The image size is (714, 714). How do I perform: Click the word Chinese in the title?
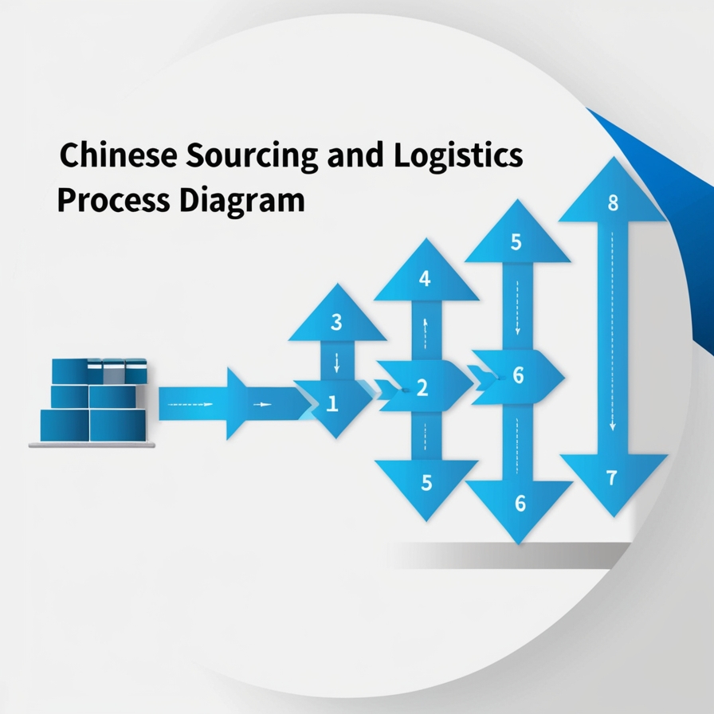tap(120, 156)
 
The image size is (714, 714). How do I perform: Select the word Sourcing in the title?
tap(253, 156)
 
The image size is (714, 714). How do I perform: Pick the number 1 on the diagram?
tap(333, 404)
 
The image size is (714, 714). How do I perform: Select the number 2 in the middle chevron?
tap(422, 389)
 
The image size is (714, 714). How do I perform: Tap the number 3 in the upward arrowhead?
tap(336, 323)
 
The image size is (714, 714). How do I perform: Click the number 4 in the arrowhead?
tap(425, 279)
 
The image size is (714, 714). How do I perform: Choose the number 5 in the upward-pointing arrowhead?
tap(516, 242)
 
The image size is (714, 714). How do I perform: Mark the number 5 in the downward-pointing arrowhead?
tap(426, 482)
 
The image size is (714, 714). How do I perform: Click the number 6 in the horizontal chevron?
tap(518, 375)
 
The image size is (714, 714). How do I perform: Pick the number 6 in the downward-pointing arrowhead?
tap(520, 503)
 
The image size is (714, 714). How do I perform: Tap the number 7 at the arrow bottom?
tap(611, 479)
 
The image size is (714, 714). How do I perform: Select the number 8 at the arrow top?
tap(613, 202)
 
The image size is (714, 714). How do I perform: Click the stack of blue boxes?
tap(94, 400)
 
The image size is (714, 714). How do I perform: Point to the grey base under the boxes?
tap(92, 445)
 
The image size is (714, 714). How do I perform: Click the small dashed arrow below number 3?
tap(336, 363)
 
